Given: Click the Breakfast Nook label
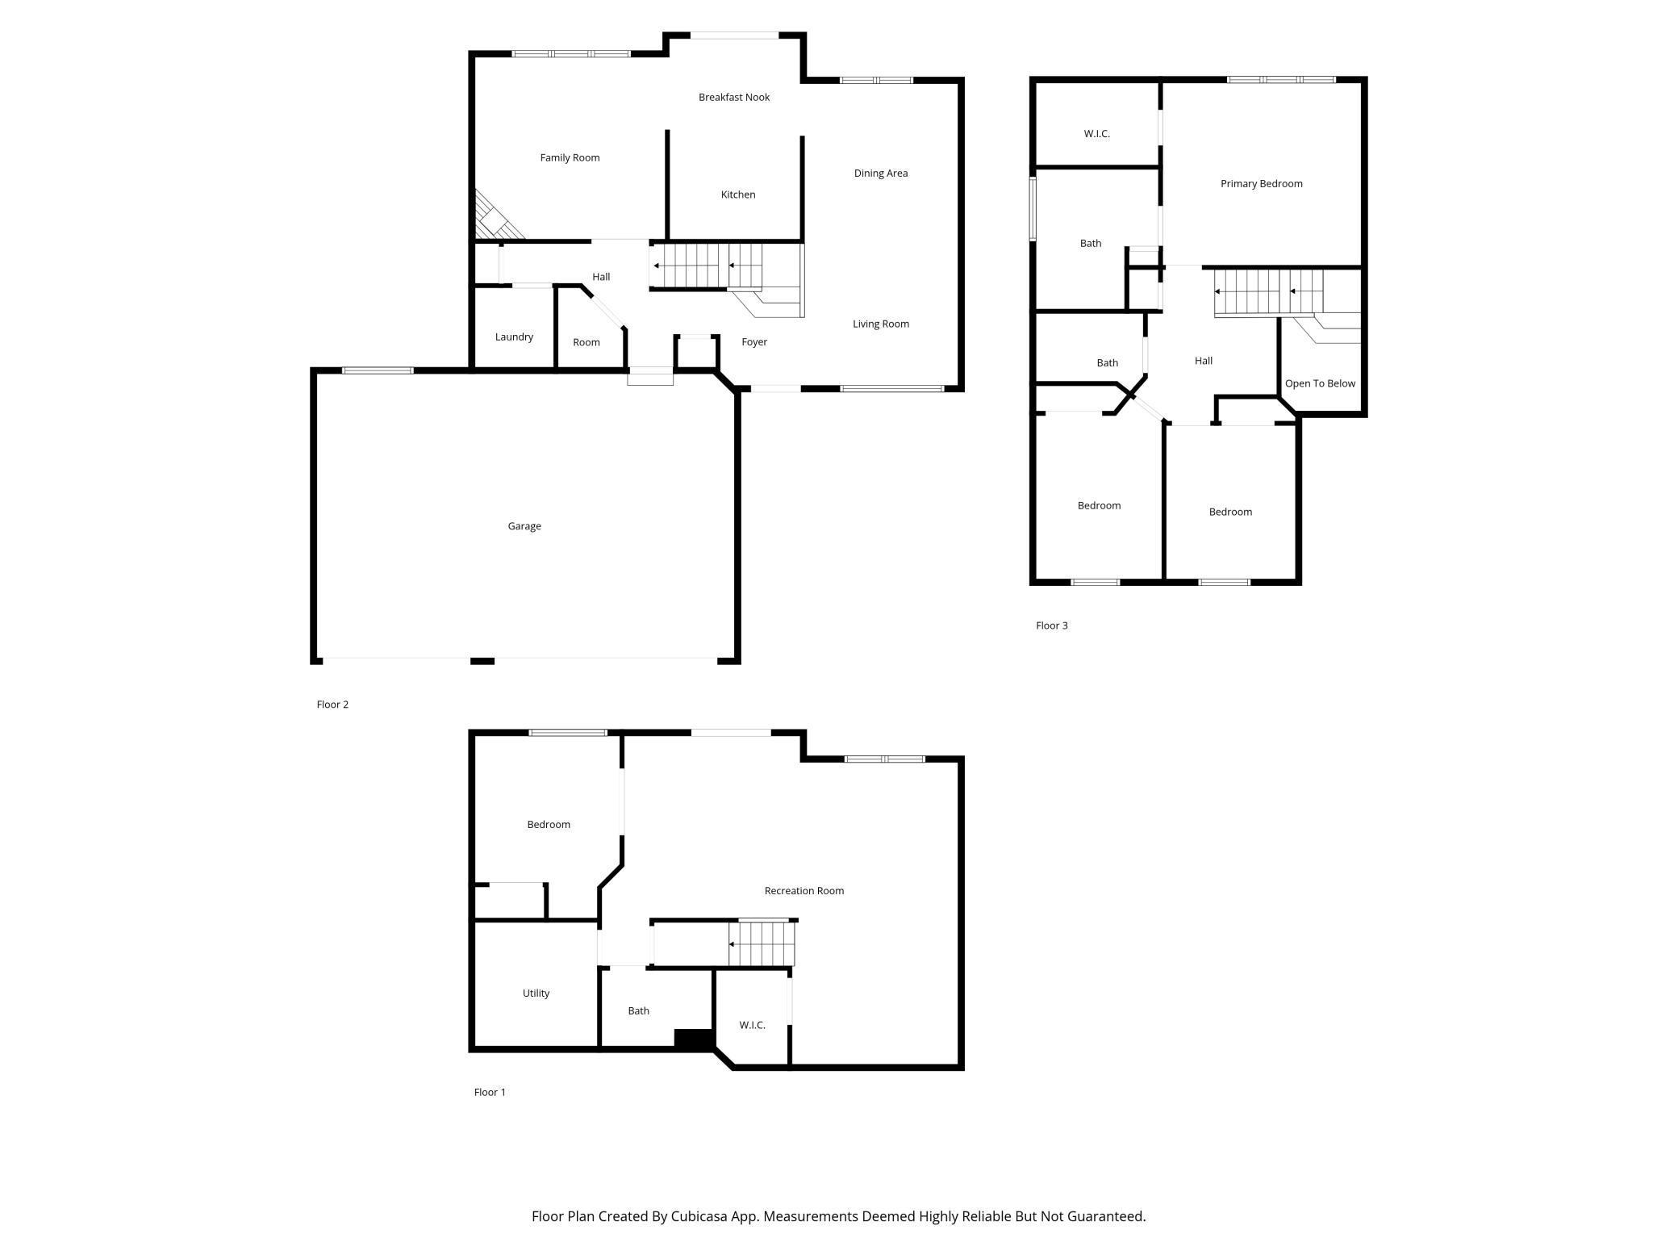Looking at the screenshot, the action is click(x=734, y=97).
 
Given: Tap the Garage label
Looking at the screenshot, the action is click(x=524, y=526).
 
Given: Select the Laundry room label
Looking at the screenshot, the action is click(x=514, y=337).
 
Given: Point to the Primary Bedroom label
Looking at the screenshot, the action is click(x=1262, y=183).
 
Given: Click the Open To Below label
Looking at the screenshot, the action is click(x=1320, y=383).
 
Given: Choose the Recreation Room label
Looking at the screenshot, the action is click(x=804, y=891).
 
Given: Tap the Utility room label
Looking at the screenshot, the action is click(x=536, y=993).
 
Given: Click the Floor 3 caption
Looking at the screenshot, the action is click(x=1052, y=625).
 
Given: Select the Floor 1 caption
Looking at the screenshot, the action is click(x=490, y=1092).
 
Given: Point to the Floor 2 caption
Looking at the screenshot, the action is click(x=332, y=705).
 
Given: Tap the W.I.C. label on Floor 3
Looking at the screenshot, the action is click(x=1097, y=134).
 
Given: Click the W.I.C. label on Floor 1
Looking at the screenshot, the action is click(x=752, y=1025).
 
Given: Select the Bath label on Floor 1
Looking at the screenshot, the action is click(x=638, y=1010).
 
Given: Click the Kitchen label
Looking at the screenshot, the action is click(x=738, y=194).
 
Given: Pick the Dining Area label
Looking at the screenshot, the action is click(x=881, y=173).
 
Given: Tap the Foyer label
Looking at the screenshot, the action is click(x=754, y=342).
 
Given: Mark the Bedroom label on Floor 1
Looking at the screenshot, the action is click(x=549, y=824).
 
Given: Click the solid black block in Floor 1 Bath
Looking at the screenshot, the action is click(x=694, y=1039).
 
